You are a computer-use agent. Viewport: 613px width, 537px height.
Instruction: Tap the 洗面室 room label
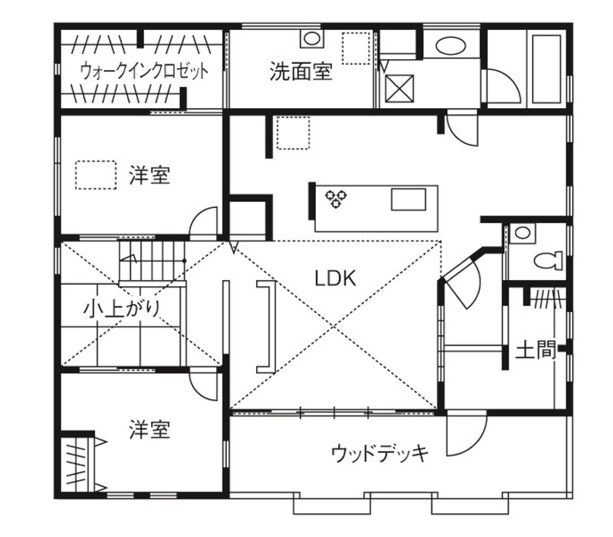coord(301,72)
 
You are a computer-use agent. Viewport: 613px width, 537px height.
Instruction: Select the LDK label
coord(334,278)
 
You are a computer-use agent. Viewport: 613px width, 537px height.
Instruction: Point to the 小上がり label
coord(121,309)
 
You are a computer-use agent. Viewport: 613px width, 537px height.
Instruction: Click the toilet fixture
coord(547,259)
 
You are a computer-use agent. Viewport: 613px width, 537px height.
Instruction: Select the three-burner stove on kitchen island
coord(336,199)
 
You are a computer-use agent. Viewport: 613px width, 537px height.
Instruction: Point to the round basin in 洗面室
coord(311,39)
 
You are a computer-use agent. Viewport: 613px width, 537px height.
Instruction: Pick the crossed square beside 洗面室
coord(399,88)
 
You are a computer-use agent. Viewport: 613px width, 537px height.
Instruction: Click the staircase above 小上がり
coord(150,261)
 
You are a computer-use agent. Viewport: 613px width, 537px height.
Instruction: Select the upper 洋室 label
coord(150,176)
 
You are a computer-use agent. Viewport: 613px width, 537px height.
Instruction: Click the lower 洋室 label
coord(150,430)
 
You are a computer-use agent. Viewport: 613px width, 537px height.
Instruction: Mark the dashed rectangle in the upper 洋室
coord(96,174)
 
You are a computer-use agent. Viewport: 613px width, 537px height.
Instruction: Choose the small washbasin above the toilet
coord(521,233)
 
